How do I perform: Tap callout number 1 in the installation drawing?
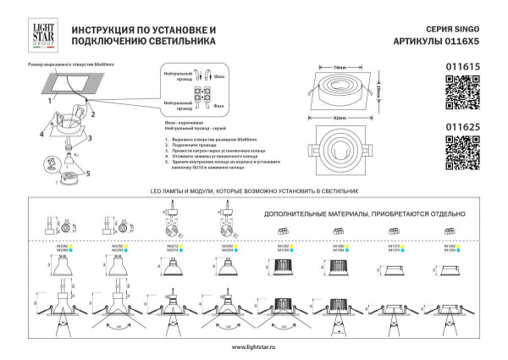51,98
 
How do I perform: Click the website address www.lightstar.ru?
253,349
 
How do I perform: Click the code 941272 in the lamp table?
393,246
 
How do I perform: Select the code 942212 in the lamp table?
172,246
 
